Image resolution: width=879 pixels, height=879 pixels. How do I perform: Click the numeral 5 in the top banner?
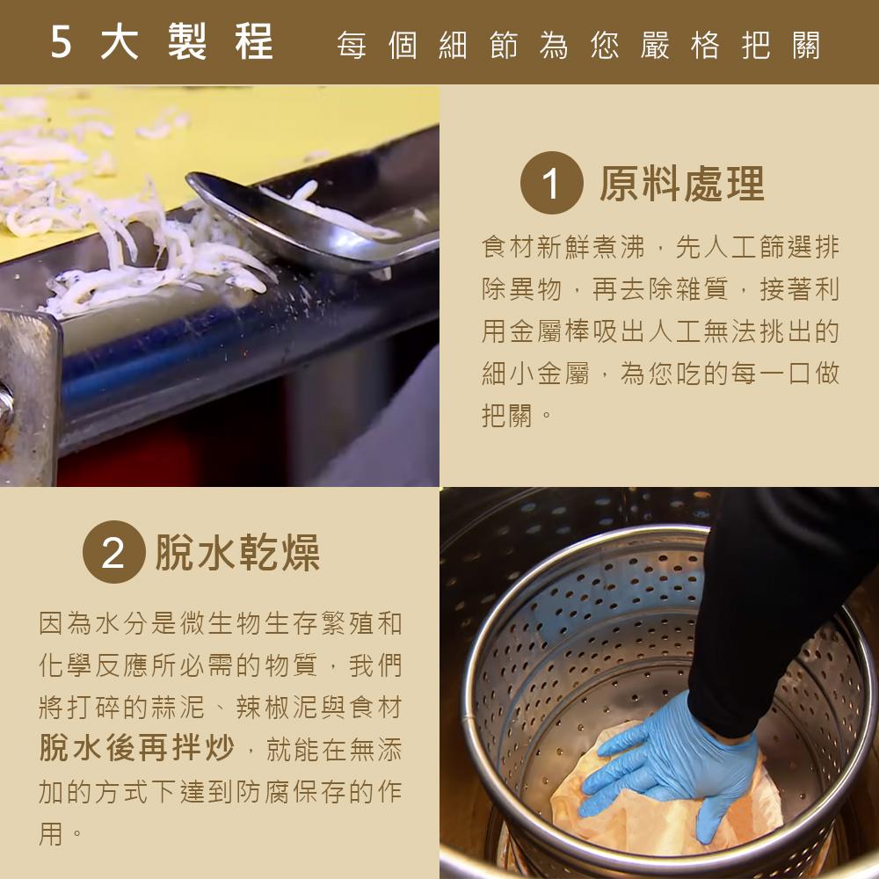pyautogui.click(x=62, y=41)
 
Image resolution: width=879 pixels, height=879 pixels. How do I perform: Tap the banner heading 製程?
pyautogui.click(x=221, y=41)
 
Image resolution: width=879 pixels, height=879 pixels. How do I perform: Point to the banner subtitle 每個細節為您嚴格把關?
pyautogui.click(x=578, y=45)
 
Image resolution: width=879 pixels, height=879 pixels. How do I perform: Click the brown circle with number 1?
pyautogui.click(x=552, y=183)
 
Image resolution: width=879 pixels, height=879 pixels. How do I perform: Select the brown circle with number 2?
pyautogui.click(x=113, y=552)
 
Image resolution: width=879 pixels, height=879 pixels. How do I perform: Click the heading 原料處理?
pyautogui.click(x=682, y=184)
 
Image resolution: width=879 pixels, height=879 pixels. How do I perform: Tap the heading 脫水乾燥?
pyautogui.click(x=237, y=552)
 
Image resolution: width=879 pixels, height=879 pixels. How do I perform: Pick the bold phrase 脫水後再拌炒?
pyautogui.click(x=137, y=747)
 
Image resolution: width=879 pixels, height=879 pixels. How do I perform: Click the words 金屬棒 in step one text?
pyautogui.click(x=549, y=331)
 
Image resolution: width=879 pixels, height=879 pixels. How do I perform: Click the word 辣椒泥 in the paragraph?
pyautogui.click(x=276, y=707)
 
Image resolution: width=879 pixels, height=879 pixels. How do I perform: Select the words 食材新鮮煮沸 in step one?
pyautogui.click(x=563, y=247)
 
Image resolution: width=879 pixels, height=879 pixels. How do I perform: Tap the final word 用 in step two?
pyautogui.click(x=51, y=833)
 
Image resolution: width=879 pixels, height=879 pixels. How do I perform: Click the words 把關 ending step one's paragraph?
pyautogui.click(x=507, y=416)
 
